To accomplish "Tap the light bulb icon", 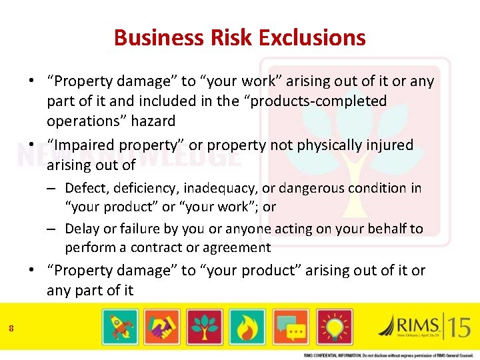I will point(335,327).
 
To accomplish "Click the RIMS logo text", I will point(417,325).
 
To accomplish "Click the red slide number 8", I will point(11,327).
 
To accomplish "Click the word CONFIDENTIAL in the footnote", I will point(333,355).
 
